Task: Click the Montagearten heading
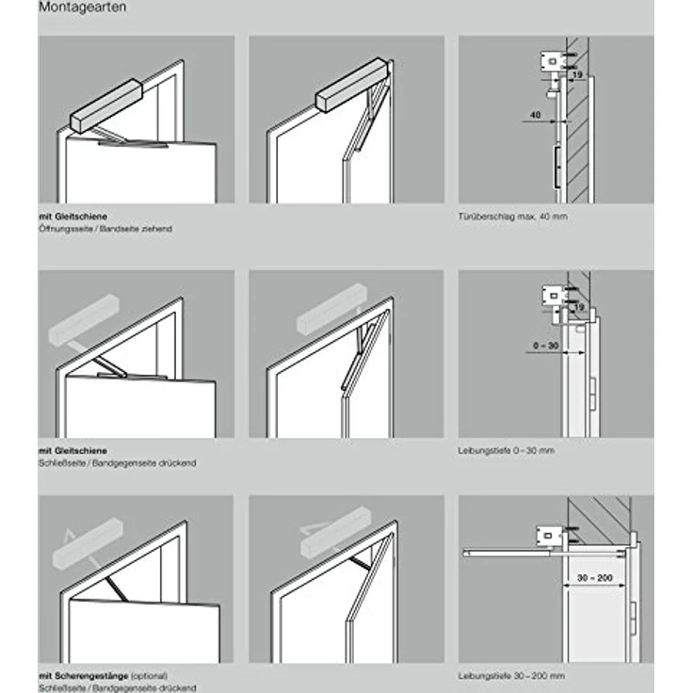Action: (83, 8)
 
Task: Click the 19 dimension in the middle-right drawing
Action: (576, 307)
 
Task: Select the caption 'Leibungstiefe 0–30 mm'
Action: (507, 451)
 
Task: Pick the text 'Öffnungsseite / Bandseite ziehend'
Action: (105, 229)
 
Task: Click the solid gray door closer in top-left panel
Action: (105, 106)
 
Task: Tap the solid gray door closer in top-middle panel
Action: (351, 85)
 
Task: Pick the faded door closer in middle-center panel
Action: (330, 310)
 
